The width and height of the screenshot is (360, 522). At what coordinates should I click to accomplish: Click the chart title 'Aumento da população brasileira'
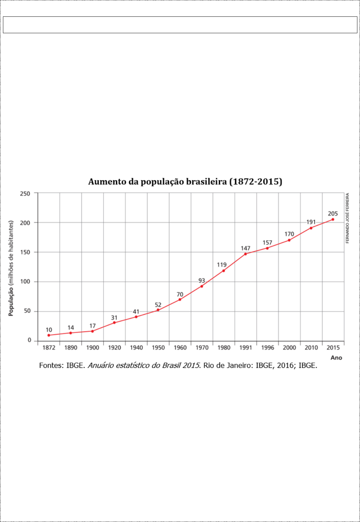[x=185, y=182]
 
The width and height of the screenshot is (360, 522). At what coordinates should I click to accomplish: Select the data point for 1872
[x=49, y=335]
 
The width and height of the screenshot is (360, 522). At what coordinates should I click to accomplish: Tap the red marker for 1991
[x=246, y=254]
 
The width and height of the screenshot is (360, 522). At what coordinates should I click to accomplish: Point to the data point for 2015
[x=333, y=220]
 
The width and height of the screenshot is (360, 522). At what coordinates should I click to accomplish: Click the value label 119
[x=222, y=265]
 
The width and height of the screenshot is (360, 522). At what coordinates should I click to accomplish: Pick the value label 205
[x=333, y=214]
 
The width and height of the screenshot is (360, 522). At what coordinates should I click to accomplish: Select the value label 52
[x=158, y=305]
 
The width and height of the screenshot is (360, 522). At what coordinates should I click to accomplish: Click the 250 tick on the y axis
[x=25, y=194]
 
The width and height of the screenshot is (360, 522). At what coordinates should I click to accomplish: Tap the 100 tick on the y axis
[x=25, y=282]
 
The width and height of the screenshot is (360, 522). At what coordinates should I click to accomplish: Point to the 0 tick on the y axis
[x=29, y=340]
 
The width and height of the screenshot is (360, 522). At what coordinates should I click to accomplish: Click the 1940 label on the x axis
[x=136, y=348]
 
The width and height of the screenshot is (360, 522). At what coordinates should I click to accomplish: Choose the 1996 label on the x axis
[x=268, y=348]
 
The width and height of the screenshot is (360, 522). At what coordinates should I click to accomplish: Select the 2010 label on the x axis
[x=311, y=348]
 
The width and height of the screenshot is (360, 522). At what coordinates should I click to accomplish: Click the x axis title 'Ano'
[x=336, y=358]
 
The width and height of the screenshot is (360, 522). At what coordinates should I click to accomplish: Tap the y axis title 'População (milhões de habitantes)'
[x=11, y=268]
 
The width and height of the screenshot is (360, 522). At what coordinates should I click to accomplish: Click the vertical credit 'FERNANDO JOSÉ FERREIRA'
[x=348, y=218]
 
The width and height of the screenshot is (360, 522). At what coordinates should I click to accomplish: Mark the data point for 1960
[x=180, y=299]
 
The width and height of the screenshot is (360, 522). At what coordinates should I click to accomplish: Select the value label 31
[x=114, y=318]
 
